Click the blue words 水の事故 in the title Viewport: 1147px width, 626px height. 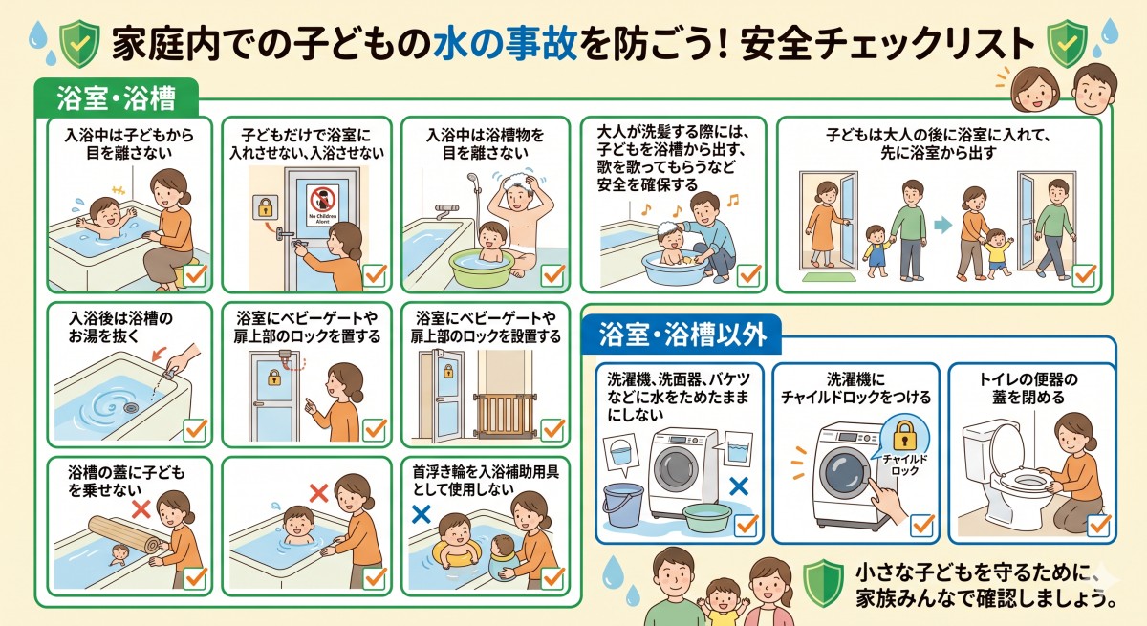(487, 42)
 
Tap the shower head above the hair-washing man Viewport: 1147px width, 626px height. (472, 179)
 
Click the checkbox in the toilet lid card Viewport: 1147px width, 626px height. (1099, 525)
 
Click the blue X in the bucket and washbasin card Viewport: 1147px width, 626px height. (738, 486)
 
